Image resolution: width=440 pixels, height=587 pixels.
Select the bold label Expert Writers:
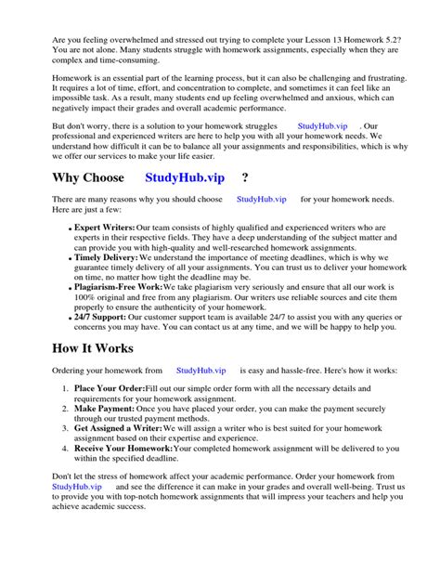(104, 228)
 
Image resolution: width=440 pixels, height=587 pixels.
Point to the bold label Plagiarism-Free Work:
(118, 289)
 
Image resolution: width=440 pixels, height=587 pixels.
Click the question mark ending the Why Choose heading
(244, 177)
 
